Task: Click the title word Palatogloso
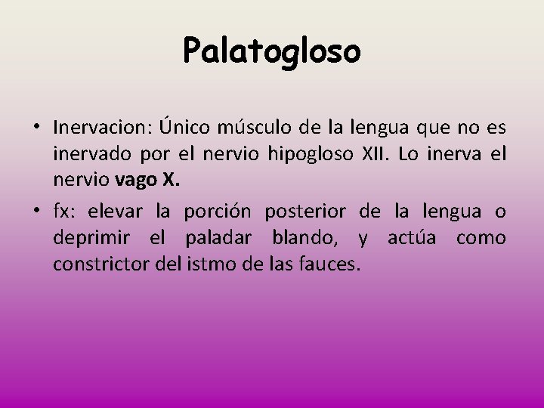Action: coord(272,51)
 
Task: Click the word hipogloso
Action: coord(310,156)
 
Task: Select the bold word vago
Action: coord(137,183)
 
